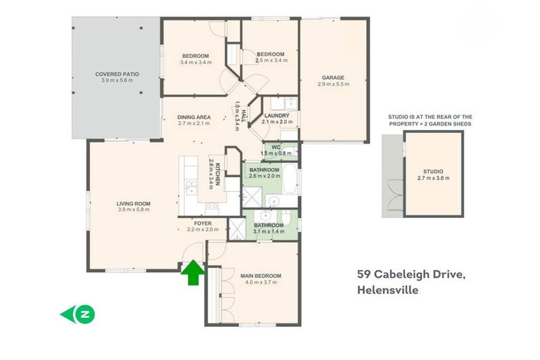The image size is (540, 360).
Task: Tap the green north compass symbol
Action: click(78, 314)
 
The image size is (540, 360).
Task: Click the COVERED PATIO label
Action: click(117, 74)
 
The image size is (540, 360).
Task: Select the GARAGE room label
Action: click(333, 77)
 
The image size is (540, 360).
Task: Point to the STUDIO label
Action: click(433, 171)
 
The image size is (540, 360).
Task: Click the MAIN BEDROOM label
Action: click(260, 276)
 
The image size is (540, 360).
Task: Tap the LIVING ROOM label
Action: click(134, 204)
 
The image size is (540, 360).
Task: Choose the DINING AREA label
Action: click(194, 117)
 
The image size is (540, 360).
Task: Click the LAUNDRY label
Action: click(277, 115)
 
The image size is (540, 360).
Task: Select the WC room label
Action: click(276, 146)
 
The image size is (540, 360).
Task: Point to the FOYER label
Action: click(202, 223)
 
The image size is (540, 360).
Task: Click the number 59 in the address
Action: click(364, 274)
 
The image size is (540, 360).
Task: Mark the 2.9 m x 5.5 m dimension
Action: click(333, 84)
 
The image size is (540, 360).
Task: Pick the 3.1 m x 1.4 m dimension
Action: click(269, 230)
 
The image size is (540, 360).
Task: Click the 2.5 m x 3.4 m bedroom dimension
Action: click(271, 60)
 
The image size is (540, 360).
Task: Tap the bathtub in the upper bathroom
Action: click(289, 179)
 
